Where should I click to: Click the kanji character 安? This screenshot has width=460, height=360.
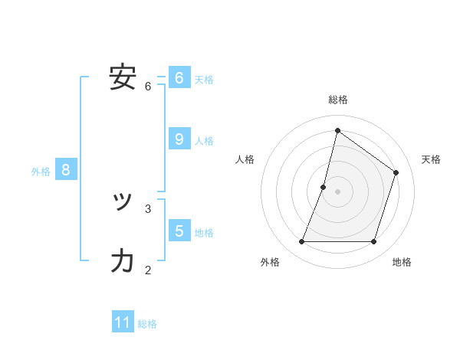point(123,77)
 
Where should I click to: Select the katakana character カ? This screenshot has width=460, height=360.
point(123,261)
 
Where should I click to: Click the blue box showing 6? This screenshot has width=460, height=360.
point(179,77)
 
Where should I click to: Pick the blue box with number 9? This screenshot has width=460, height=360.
point(179,139)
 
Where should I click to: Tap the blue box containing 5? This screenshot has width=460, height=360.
point(179,231)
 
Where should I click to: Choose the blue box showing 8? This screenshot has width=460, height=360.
point(66,169)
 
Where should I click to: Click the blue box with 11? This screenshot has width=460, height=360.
point(123,322)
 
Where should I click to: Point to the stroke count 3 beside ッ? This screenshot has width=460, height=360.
point(148,208)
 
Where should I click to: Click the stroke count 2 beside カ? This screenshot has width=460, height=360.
point(148,269)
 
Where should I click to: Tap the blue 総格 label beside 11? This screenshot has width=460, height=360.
point(147,324)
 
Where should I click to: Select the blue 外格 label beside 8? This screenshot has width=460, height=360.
point(41,172)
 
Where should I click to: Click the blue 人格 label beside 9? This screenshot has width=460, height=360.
point(204,141)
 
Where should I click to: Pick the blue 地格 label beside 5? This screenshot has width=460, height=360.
point(204,233)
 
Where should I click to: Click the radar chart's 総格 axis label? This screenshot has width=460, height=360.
point(337,100)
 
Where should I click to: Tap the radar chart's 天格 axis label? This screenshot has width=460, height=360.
point(432,159)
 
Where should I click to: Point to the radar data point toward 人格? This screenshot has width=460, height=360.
point(324,187)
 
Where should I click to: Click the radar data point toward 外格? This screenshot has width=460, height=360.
point(301,242)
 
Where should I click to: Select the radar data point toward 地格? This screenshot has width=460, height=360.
point(373,242)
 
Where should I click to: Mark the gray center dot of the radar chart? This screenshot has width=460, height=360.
point(337,191)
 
